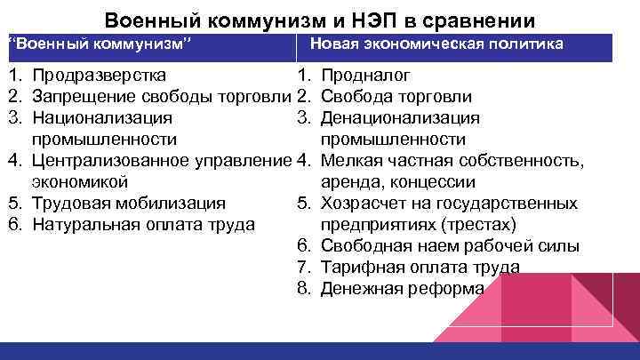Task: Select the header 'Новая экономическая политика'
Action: pyautogui.click(x=436, y=44)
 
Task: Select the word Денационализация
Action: pyautogui.click(x=400, y=117)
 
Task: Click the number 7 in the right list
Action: pyautogui.click(x=303, y=268)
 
